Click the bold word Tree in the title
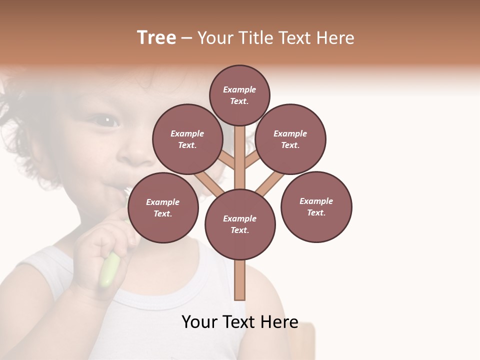coord(156,38)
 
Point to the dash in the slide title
coord(186,39)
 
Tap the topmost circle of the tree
coord(239,95)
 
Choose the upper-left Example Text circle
coord(187,139)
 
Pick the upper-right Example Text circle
coord(290,139)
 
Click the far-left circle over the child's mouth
coord(163,207)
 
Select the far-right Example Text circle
coord(316,206)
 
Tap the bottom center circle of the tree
coord(240,224)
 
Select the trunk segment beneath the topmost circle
coord(240,150)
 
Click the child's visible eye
coord(106,120)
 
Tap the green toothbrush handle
coord(109,270)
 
